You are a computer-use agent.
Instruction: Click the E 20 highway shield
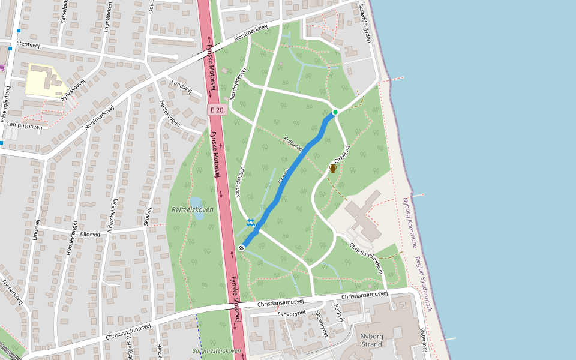pyautogui.click(x=217, y=110)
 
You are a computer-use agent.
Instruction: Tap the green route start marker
pyautogui.click(x=335, y=112)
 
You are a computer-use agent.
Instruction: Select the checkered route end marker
pyautogui.click(x=241, y=247)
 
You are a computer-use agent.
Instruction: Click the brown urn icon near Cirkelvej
pyautogui.click(x=333, y=169)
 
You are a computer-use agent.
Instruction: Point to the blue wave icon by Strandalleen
pyautogui.click(x=251, y=223)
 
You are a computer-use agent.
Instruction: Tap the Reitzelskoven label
pyautogui.click(x=192, y=209)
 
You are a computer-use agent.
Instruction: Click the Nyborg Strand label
pyautogui.click(x=371, y=340)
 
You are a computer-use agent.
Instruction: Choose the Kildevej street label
pyautogui.click(x=89, y=233)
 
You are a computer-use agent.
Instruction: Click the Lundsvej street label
pyautogui.click(x=181, y=86)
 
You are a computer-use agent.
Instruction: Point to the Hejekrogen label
pyautogui.click(x=169, y=112)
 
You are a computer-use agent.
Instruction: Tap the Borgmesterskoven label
pyautogui.click(x=216, y=350)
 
